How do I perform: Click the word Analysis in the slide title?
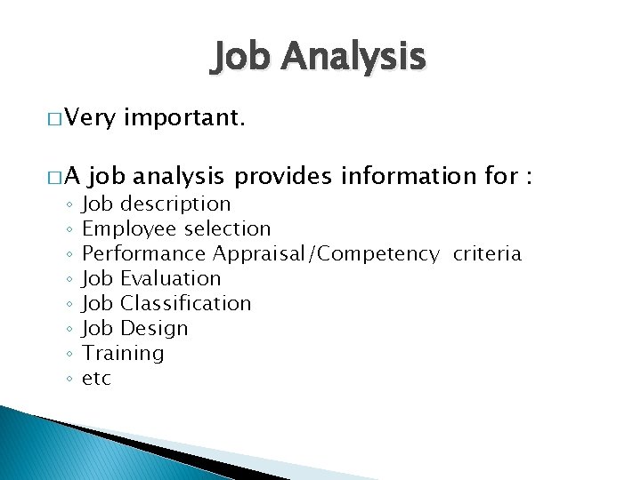pyautogui.click(x=353, y=58)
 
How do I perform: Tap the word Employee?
pyautogui.click(x=129, y=229)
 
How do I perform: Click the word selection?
pyautogui.click(x=227, y=229)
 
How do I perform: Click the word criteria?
pyautogui.click(x=487, y=254)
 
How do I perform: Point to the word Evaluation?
pyautogui.click(x=170, y=279)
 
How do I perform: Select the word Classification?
pyautogui.click(x=185, y=304)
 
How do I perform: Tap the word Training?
pyautogui.click(x=123, y=354)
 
